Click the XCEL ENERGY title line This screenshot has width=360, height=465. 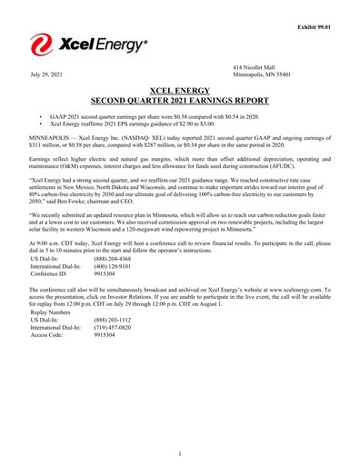tap(180, 91)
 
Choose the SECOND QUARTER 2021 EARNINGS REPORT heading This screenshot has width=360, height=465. tap(180, 102)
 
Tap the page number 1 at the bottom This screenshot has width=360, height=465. tap(180, 453)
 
